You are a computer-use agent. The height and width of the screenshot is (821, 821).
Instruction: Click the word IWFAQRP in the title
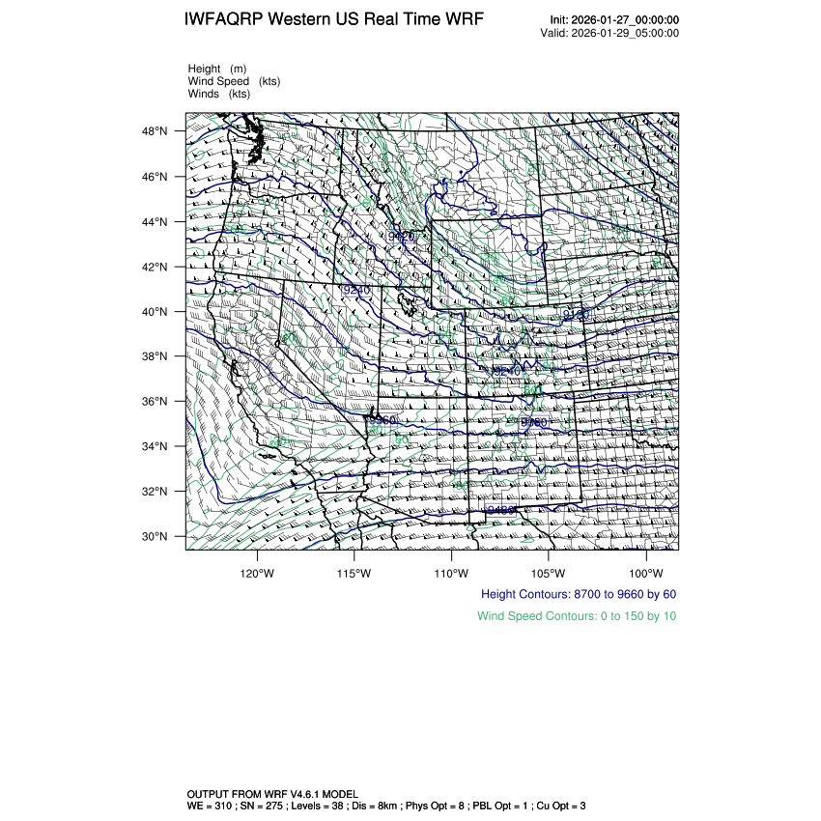click(x=226, y=20)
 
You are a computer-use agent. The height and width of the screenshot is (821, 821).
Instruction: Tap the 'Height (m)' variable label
click(x=217, y=69)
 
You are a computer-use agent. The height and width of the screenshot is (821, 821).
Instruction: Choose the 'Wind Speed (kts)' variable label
click(x=234, y=81)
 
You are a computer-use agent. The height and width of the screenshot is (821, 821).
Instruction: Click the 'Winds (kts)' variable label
click(x=219, y=94)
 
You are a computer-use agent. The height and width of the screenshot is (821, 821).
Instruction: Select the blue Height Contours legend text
click(x=578, y=594)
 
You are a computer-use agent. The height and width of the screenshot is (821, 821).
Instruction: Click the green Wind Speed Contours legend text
click(x=577, y=615)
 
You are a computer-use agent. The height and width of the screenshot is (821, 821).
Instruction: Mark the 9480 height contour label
click(x=497, y=509)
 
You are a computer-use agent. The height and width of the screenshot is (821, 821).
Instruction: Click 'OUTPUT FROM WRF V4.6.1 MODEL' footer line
click(x=272, y=793)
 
